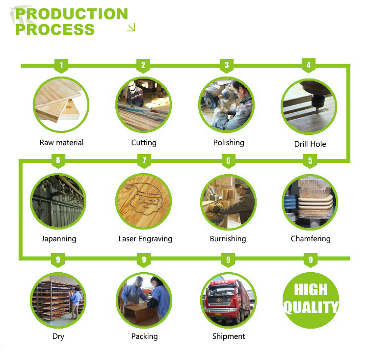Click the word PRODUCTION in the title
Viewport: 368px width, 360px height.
71,14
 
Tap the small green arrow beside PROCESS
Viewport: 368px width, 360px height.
131,28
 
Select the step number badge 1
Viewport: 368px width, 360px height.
61,65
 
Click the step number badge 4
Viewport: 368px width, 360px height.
309,65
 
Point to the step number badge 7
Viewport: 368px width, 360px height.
144,160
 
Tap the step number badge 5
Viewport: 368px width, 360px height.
310,160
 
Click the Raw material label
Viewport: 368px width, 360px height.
62,143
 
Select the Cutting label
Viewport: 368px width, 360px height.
144,143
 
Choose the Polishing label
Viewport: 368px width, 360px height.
229,143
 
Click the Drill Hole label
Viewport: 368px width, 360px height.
310,144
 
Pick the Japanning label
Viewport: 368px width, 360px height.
59,239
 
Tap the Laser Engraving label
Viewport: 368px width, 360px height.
145,239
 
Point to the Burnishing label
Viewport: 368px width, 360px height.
228,239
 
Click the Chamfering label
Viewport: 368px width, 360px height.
311,239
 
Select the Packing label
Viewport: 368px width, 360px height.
145,336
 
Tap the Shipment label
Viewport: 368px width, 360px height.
229,336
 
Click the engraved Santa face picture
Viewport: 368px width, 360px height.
144,202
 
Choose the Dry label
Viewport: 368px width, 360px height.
58,336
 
